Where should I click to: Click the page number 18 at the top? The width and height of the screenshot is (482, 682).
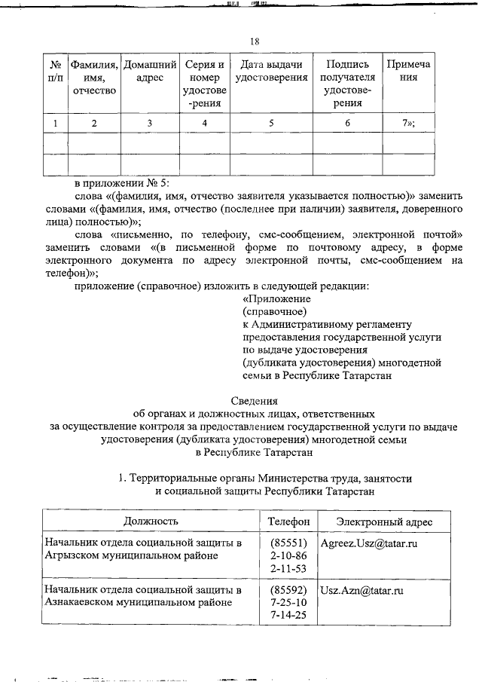click(x=255, y=41)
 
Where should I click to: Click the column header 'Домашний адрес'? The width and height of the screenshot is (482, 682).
click(x=150, y=72)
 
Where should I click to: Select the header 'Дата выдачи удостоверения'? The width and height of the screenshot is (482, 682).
click(x=271, y=72)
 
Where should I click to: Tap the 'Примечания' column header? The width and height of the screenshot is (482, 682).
click(x=408, y=72)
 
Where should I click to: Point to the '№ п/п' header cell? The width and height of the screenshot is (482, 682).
click(x=52, y=72)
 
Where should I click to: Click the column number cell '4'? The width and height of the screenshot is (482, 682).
click(x=205, y=122)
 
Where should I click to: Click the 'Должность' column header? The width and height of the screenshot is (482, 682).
click(x=151, y=521)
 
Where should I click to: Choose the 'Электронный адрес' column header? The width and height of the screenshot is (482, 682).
click(x=384, y=521)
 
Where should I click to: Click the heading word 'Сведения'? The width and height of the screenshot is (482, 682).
click(x=254, y=400)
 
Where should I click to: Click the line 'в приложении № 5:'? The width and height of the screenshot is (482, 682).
click(x=122, y=183)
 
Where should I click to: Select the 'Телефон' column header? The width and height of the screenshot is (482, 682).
click(x=289, y=521)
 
